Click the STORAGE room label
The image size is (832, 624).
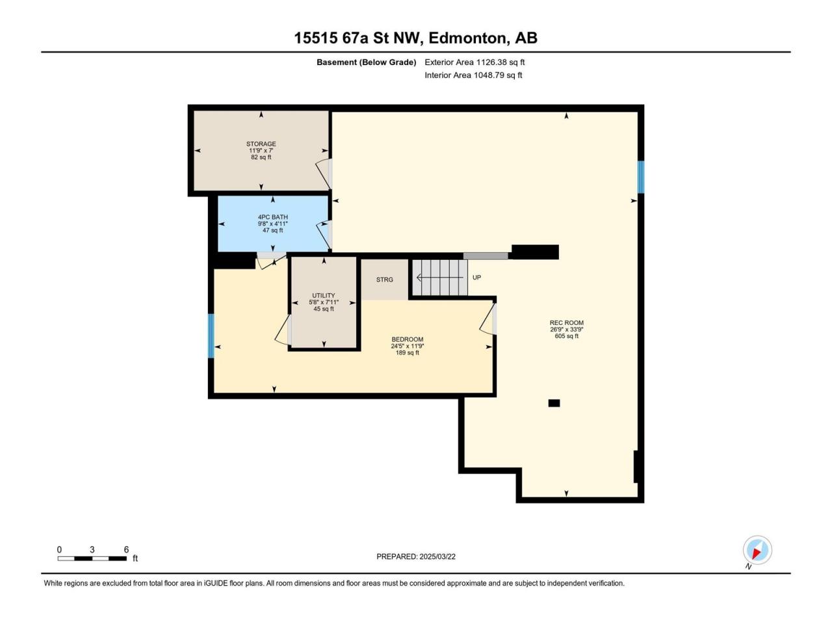pyautogui.click(x=261, y=144)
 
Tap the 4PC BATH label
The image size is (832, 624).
pyautogui.click(x=272, y=217)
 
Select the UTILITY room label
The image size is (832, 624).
pyautogui.click(x=323, y=296)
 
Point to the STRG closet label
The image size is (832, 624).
pyautogui.click(x=384, y=279)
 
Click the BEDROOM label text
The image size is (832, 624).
pyautogui.click(x=407, y=339)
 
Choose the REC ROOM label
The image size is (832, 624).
pyautogui.click(x=566, y=323)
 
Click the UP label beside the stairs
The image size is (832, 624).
pyautogui.click(x=476, y=278)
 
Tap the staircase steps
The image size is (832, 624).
pyautogui.click(x=439, y=278)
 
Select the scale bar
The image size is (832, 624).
pyautogui.click(x=92, y=558)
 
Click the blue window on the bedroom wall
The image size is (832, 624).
pyautogui.click(x=211, y=335)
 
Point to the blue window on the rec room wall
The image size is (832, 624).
pyautogui.click(x=641, y=177)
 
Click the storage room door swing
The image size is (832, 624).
pyautogui.click(x=323, y=174)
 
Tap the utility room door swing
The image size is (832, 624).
pyautogui.click(x=282, y=330)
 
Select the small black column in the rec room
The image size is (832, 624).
pyautogui.click(x=554, y=403)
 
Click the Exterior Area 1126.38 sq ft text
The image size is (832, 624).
pyautogui.click(x=474, y=62)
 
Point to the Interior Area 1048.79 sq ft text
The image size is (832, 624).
pyautogui.click(x=473, y=75)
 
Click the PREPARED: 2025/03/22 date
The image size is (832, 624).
pyautogui.click(x=416, y=556)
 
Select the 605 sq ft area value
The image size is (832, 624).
pyautogui.click(x=566, y=336)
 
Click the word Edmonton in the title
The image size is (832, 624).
pyautogui.click(x=469, y=38)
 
